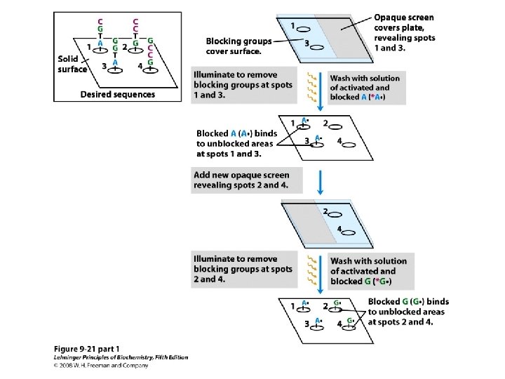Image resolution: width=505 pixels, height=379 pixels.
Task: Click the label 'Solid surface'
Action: pos(72,64)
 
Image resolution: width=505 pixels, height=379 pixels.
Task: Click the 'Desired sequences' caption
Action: pos(118,94)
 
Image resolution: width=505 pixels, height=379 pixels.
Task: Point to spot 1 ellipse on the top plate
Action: pos(305,29)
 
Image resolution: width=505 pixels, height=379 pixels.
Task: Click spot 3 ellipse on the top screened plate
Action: pos(316,47)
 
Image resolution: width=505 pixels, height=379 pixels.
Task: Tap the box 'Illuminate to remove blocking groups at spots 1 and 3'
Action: pos(245,85)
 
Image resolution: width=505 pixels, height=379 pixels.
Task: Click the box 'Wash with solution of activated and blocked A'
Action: pos(365,88)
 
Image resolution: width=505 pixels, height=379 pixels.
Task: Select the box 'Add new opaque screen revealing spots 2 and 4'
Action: pos(241,180)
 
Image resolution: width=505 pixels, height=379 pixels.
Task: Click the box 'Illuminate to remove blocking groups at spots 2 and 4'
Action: pos(244,269)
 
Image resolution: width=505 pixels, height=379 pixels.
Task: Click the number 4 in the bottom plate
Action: pos(339,324)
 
